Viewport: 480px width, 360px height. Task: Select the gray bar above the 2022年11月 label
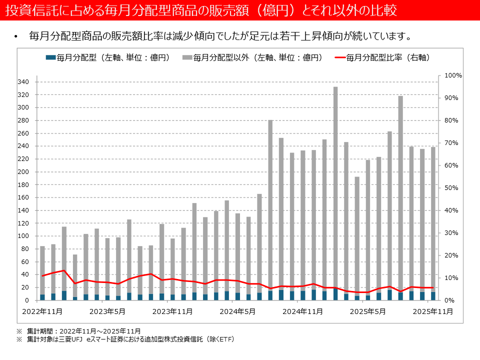42,270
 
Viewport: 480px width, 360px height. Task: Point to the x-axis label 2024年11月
299,311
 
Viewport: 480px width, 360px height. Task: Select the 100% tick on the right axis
453,75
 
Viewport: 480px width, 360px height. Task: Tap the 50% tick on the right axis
451,188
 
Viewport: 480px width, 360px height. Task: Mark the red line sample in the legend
338,58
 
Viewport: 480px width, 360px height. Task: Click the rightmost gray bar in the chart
433,220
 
